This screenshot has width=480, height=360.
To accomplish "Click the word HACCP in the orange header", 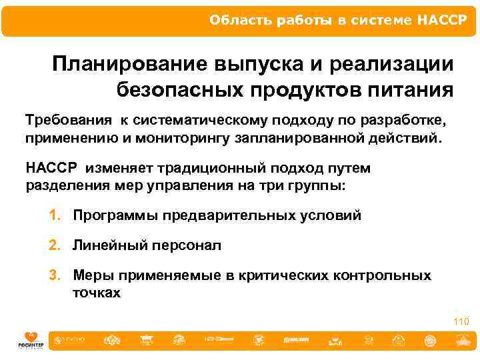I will pos(443,19).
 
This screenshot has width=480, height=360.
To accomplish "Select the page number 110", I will pos(461,322).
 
